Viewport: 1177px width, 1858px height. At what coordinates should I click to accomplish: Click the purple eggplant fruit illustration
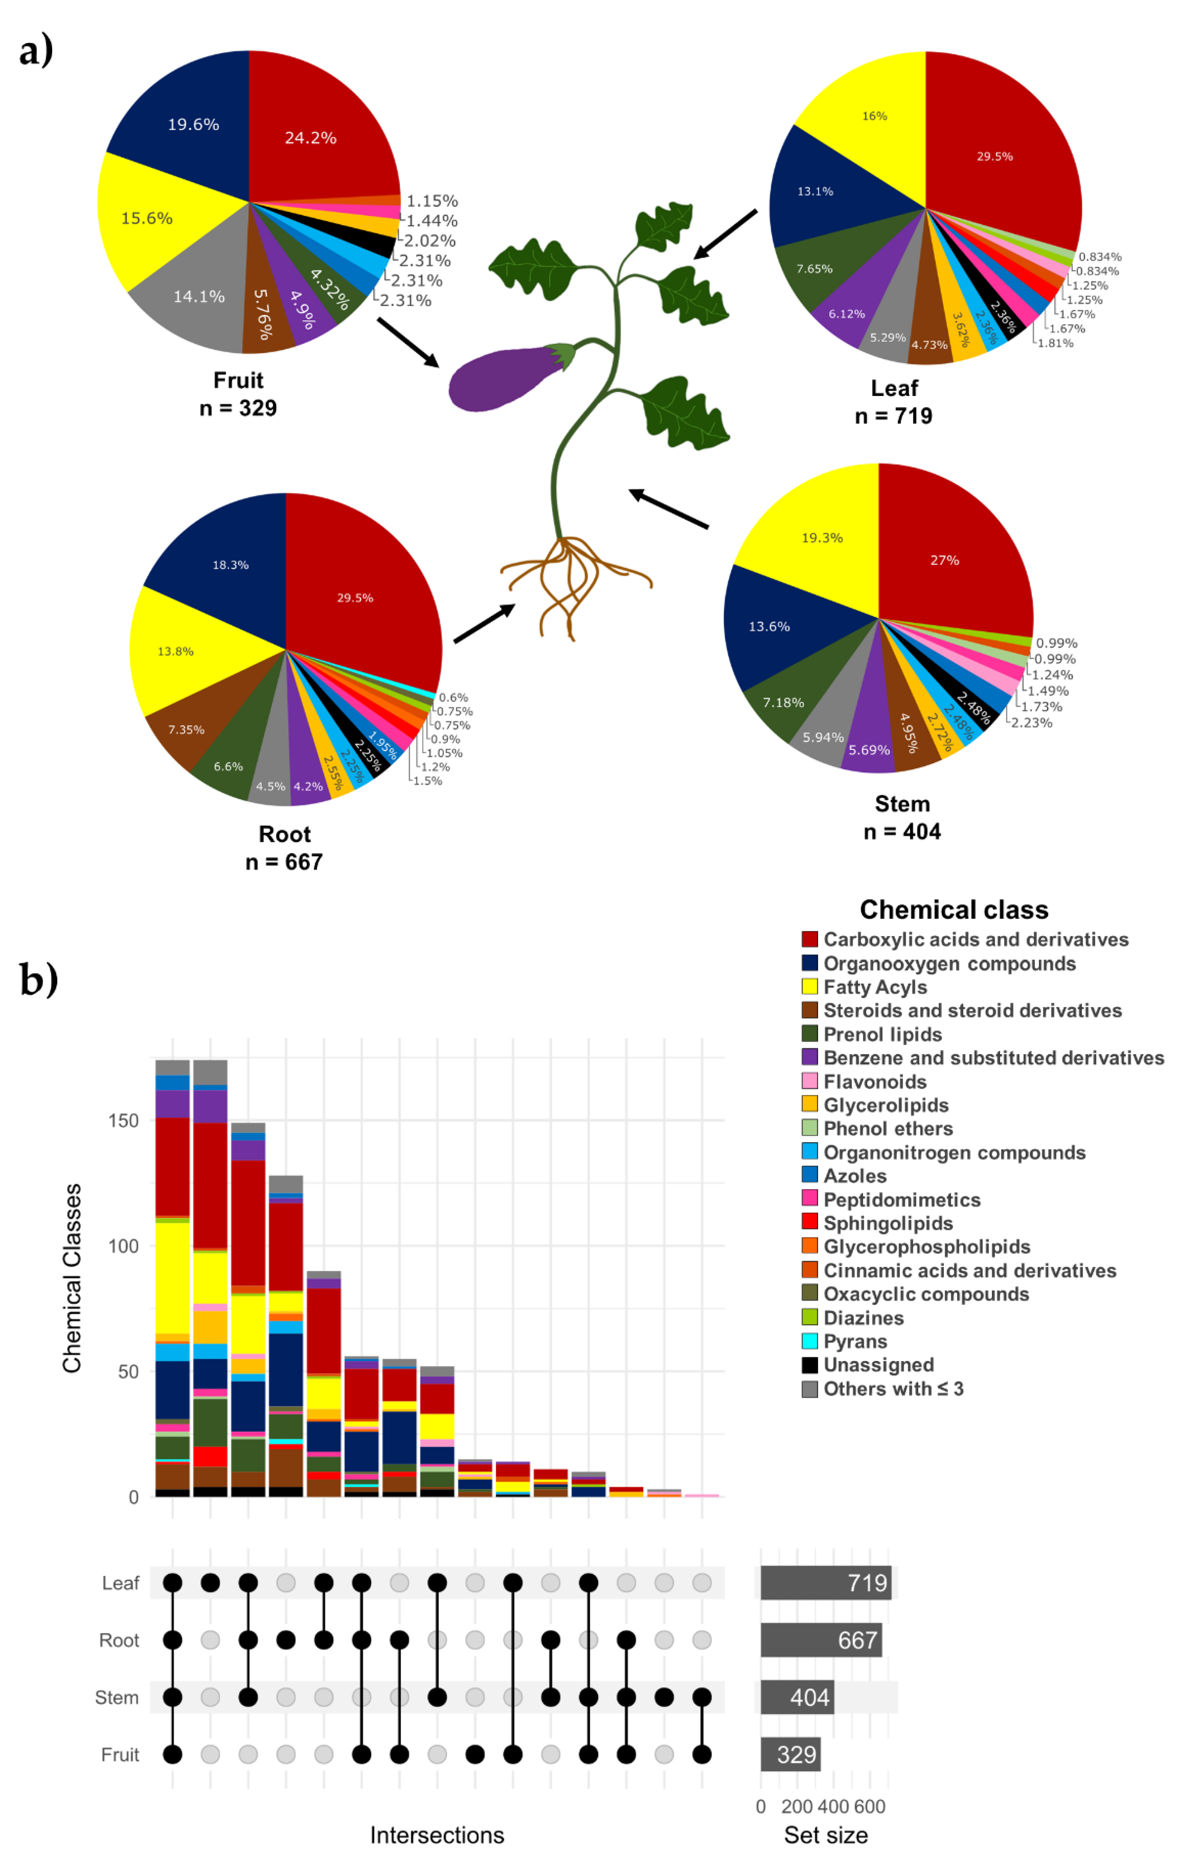tap(505, 378)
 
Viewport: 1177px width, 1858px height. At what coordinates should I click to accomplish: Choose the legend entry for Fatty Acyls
tap(874, 987)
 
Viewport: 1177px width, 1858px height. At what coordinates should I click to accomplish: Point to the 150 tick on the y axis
tap(123, 1121)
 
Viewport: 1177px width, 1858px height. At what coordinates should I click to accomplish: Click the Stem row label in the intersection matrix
tap(117, 1698)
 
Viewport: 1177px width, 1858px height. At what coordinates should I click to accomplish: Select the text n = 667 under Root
tap(284, 862)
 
